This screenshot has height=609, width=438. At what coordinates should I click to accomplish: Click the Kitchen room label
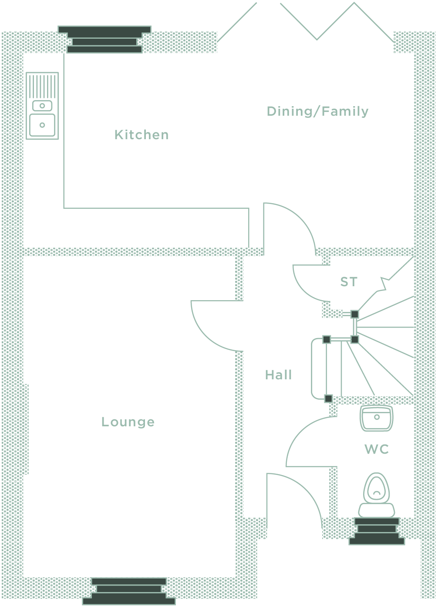(x=142, y=135)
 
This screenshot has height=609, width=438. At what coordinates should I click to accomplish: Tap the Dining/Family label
(x=317, y=111)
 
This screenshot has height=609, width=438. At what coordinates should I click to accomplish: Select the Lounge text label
(x=128, y=422)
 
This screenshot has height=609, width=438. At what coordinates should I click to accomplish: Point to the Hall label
(x=278, y=375)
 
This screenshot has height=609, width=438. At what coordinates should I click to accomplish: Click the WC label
(x=377, y=449)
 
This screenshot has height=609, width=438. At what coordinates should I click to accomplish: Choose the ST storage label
(x=349, y=282)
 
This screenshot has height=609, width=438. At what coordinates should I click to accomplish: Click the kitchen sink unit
(x=42, y=106)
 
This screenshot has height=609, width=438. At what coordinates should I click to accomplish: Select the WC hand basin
(x=377, y=418)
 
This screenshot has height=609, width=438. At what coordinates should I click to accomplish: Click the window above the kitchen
(x=104, y=39)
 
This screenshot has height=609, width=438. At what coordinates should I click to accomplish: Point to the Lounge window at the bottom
(x=129, y=591)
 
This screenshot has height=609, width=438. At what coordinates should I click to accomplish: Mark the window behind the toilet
(x=377, y=531)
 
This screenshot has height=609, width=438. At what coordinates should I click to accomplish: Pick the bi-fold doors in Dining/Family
(x=317, y=22)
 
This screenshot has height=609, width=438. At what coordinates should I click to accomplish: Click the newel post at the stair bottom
(x=328, y=398)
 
